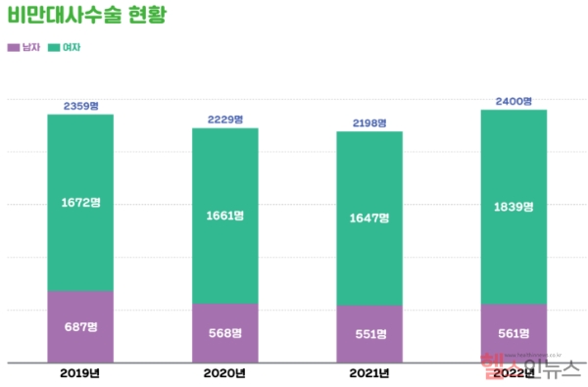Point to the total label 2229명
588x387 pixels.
point(224,120)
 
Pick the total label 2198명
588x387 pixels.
point(368,122)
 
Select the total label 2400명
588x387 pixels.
point(514,101)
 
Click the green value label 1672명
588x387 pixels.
point(80,203)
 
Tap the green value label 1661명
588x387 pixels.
point(224,216)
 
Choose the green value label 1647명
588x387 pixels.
point(368,218)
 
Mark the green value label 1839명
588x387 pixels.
point(514,206)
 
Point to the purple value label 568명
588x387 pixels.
point(224,332)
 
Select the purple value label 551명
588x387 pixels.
point(368,333)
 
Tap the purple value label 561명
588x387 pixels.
point(514,332)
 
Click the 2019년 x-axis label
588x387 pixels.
point(80,373)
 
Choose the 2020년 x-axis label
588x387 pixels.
point(224,373)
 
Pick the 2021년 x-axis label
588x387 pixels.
point(368,373)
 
